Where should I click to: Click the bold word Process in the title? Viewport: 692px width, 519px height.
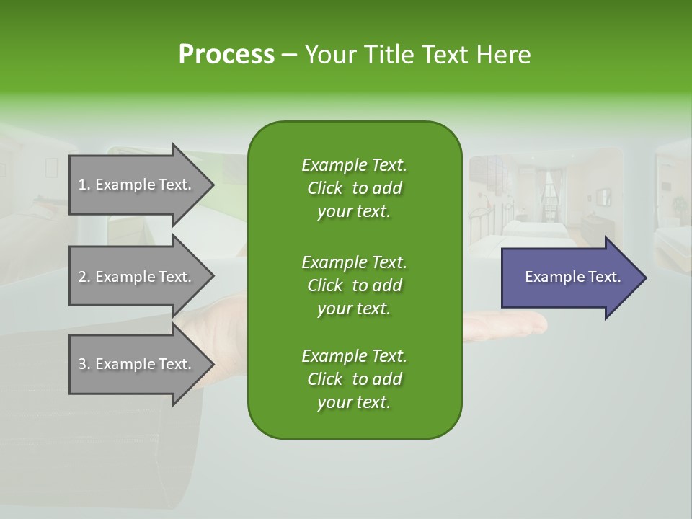(226, 55)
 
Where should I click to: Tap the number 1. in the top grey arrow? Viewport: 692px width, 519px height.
(84, 185)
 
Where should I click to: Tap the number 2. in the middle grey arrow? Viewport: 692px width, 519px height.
(84, 277)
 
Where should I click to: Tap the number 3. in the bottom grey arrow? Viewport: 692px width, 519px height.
(84, 364)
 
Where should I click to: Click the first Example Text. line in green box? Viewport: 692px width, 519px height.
(354, 165)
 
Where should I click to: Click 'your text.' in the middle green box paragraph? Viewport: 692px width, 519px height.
(354, 309)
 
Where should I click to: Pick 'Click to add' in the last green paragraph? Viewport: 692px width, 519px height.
(354, 379)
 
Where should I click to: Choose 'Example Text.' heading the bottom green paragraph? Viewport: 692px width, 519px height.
(354, 356)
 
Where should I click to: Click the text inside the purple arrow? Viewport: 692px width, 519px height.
(572, 277)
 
